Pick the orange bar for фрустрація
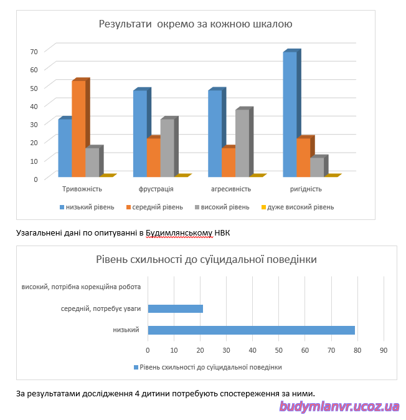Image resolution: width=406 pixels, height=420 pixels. (154, 156)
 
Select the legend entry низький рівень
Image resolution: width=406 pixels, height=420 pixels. (87, 207)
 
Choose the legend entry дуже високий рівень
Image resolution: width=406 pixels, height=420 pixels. (298, 207)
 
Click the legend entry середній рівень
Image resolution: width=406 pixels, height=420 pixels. (154, 207)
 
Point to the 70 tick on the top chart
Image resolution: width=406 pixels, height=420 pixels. (34, 52)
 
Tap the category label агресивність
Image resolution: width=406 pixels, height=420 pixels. (231, 189)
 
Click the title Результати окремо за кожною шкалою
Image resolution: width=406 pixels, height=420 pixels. (196, 24)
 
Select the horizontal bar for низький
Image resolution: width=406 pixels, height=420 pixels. (252, 330)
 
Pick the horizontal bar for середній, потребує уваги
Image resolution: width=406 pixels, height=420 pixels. (176, 308)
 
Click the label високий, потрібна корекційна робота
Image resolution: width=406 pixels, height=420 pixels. (81, 287)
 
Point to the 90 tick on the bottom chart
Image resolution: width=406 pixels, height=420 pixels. (384, 350)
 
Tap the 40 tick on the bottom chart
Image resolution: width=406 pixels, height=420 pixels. (252, 350)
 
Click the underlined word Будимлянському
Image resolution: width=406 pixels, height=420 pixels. (179, 233)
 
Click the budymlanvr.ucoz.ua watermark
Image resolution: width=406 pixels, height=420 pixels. (339, 407)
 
